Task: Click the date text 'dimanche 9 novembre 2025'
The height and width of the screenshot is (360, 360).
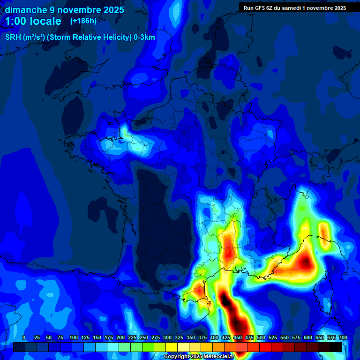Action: pos(64,10)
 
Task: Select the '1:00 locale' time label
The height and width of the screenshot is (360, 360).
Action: pos(33,21)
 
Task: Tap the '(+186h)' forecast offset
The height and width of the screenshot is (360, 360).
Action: pos(83,21)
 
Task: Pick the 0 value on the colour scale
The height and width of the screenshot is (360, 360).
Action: pos(24,337)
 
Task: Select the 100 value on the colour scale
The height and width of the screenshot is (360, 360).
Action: pos(74,337)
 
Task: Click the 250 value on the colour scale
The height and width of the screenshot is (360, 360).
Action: pos(144,337)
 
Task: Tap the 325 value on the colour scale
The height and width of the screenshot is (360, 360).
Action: pos(179,337)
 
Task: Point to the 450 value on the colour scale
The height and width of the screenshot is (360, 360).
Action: pos(238,337)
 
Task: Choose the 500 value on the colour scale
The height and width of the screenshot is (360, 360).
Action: pos(261,337)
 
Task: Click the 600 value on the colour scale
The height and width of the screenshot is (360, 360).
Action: pos(308,337)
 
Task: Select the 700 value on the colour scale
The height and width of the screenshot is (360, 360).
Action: pos(343,337)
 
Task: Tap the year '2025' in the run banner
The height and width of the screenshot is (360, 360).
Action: pos(337,8)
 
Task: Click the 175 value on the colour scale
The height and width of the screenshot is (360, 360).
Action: pos(109,337)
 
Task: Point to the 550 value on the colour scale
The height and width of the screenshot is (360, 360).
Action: pos(285,337)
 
